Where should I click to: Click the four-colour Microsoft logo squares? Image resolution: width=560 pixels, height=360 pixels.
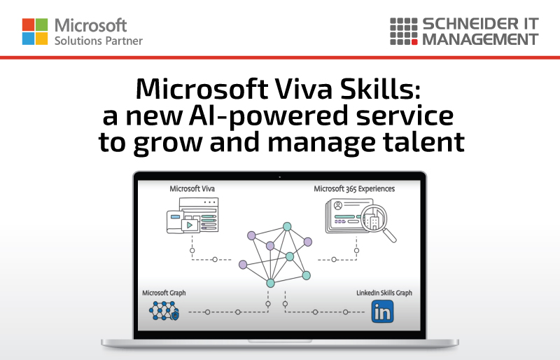click(35, 32)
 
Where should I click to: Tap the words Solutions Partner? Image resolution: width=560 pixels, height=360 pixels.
click(99, 41)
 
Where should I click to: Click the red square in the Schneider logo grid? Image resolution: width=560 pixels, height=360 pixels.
click(414, 42)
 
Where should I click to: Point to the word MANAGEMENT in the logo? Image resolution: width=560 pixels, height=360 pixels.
click(480, 39)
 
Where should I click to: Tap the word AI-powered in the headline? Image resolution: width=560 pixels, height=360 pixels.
click(268, 116)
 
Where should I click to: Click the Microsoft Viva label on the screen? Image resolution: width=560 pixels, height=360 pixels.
click(192, 189)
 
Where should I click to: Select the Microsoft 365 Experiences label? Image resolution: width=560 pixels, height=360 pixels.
click(354, 189)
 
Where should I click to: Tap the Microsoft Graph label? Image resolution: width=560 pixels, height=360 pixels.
click(164, 293)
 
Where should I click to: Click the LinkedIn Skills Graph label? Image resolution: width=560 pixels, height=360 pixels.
click(384, 293)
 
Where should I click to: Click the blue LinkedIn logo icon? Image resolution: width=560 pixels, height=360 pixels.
click(382, 312)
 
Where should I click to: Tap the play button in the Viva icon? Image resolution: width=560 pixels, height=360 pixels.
click(190, 226)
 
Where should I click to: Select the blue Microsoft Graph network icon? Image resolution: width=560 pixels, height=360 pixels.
click(164, 311)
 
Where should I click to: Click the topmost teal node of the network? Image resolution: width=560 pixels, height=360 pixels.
click(287, 226)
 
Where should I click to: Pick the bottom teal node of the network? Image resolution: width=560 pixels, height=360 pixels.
click(271, 283)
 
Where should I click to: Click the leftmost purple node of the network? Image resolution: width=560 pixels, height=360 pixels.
click(243, 265)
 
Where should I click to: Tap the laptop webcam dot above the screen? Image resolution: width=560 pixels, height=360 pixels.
click(279, 177)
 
